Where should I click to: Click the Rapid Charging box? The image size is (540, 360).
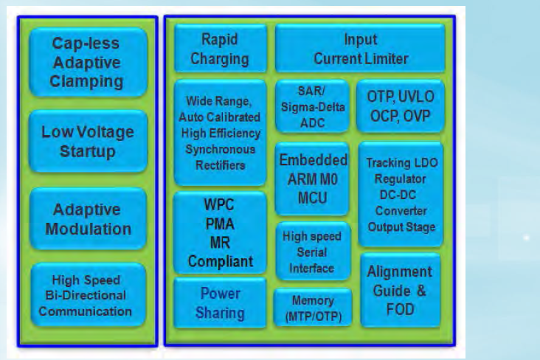tap(220, 49)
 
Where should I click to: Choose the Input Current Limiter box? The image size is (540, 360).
tap(360, 49)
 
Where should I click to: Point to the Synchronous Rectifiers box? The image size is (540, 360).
tap(220, 133)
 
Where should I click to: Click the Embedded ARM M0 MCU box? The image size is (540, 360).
tap(313, 179)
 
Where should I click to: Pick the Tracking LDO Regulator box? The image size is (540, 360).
tap(401, 194)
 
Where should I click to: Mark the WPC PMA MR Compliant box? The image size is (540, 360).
tap(220, 232)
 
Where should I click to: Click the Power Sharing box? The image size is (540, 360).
tap(220, 303)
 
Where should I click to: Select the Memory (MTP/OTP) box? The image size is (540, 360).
tap(312, 308)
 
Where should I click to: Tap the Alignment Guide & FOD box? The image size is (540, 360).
tap(399, 291)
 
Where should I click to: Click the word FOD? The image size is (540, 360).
tap(399, 309)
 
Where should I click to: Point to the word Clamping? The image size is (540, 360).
tap(87, 82)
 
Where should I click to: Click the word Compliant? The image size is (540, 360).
tap(220, 261)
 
